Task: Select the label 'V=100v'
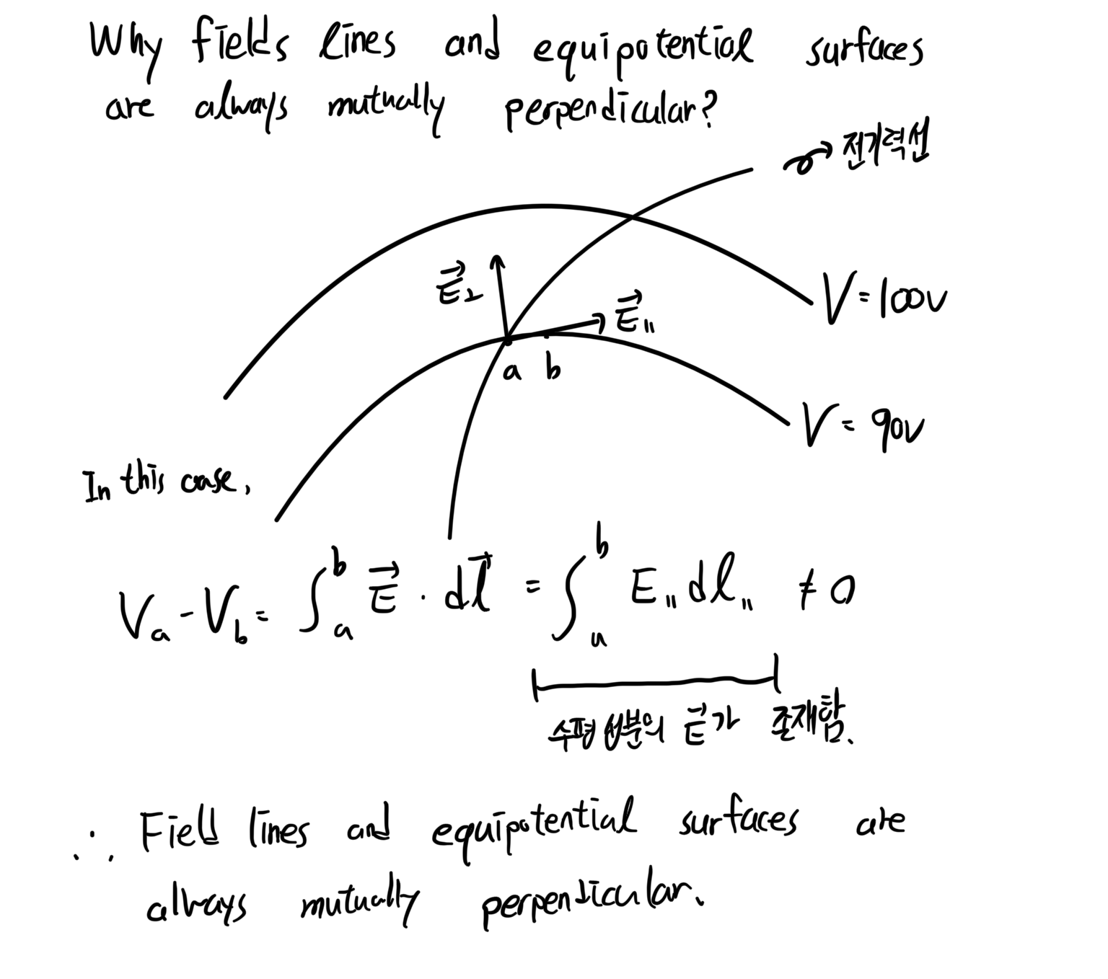pos(883,298)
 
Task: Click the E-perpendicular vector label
pos(456,285)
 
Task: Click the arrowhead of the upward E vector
pos(496,261)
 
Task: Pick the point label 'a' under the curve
pos(511,372)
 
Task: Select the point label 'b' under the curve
pos(553,369)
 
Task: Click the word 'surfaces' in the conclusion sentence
pos(737,822)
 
